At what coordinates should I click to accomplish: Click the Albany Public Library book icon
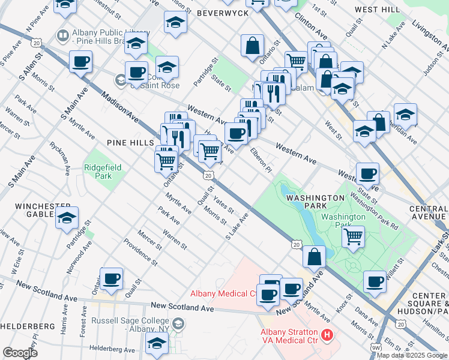[x=62, y=36]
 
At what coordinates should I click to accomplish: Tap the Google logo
[x=20, y=353]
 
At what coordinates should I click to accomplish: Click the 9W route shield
[x=375, y=347]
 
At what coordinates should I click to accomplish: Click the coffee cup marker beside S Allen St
[x=80, y=61]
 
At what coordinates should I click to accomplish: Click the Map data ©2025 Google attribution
[x=412, y=355]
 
